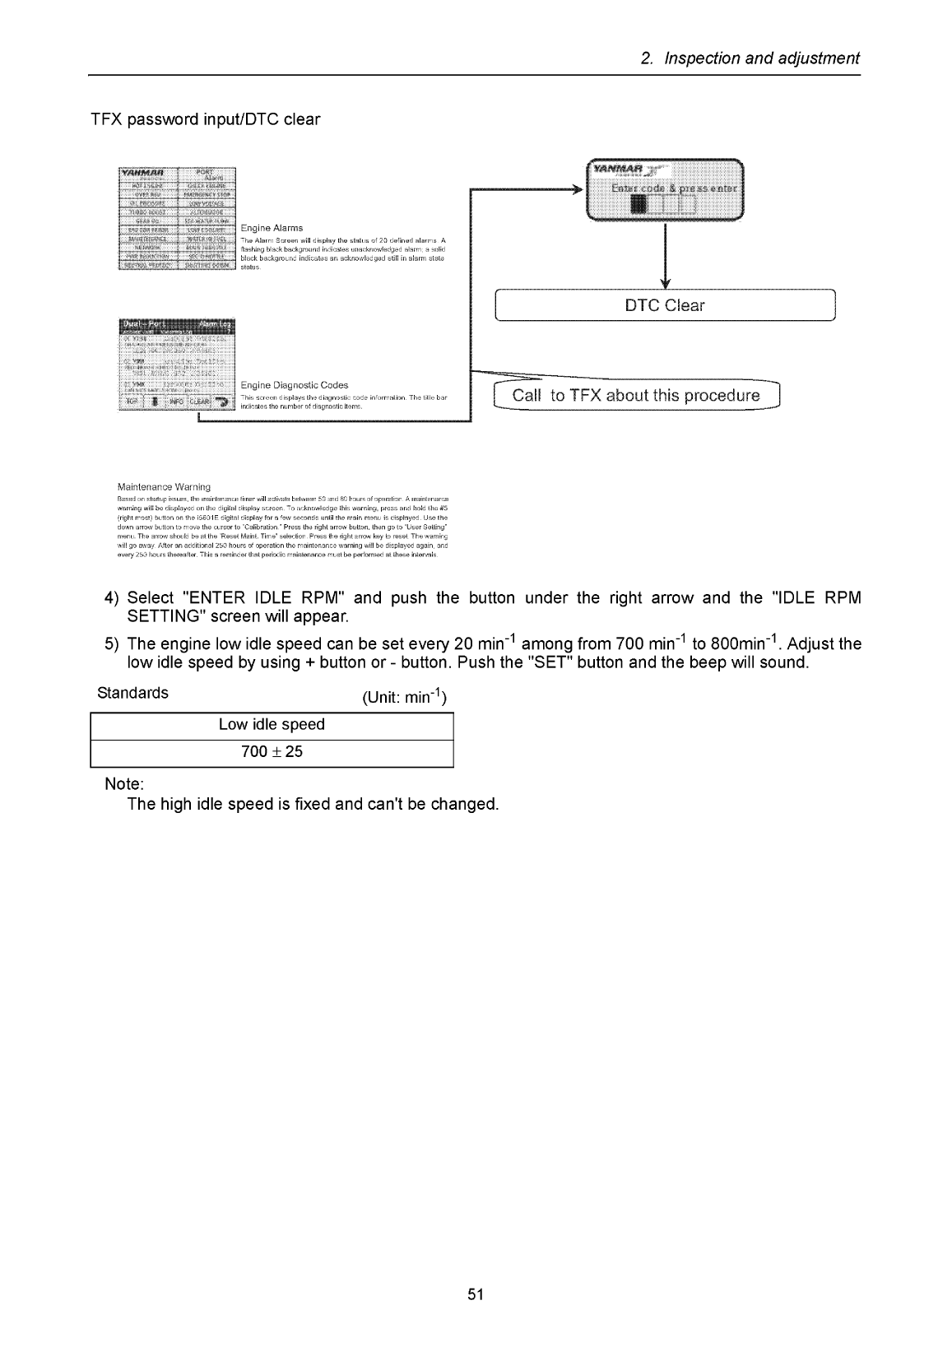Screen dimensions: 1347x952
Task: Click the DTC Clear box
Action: (x=664, y=305)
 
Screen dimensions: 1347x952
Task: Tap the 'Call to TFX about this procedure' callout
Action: (x=635, y=396)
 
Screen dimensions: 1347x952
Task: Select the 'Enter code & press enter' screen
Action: (x=663, y=190)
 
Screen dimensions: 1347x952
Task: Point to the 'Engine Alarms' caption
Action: (x=272, y=228)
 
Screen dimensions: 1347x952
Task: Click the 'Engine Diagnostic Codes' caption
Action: (x=294, y=385)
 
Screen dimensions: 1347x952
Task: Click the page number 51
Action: (x=476, y=1294)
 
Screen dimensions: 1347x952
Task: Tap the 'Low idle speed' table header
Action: (x=272, y=725)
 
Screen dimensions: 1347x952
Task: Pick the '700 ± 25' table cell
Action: (x=272, y=752)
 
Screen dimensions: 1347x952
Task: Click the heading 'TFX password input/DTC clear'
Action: (x=205, y=119)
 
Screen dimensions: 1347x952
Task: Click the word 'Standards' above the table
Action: (x=132, y=693)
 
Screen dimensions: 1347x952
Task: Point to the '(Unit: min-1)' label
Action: (x=404, y=698)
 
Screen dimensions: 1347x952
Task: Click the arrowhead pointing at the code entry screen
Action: (x=576, y=189)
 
